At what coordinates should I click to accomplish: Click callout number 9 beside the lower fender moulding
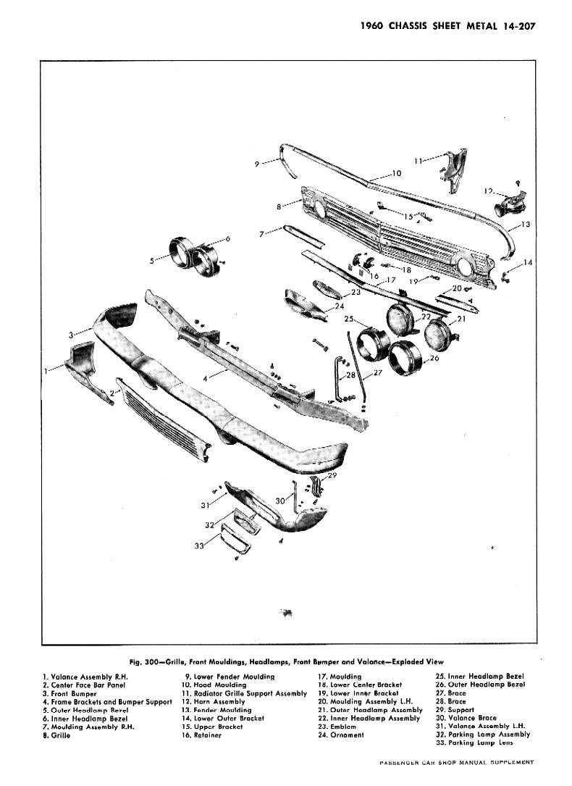click(x=256, y=164)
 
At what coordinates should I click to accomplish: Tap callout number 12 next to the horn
click(x=489, y=191)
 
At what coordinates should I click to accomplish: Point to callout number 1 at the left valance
click(x=47, y=369)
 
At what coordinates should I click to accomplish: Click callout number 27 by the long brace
click(x=377, y=373)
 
